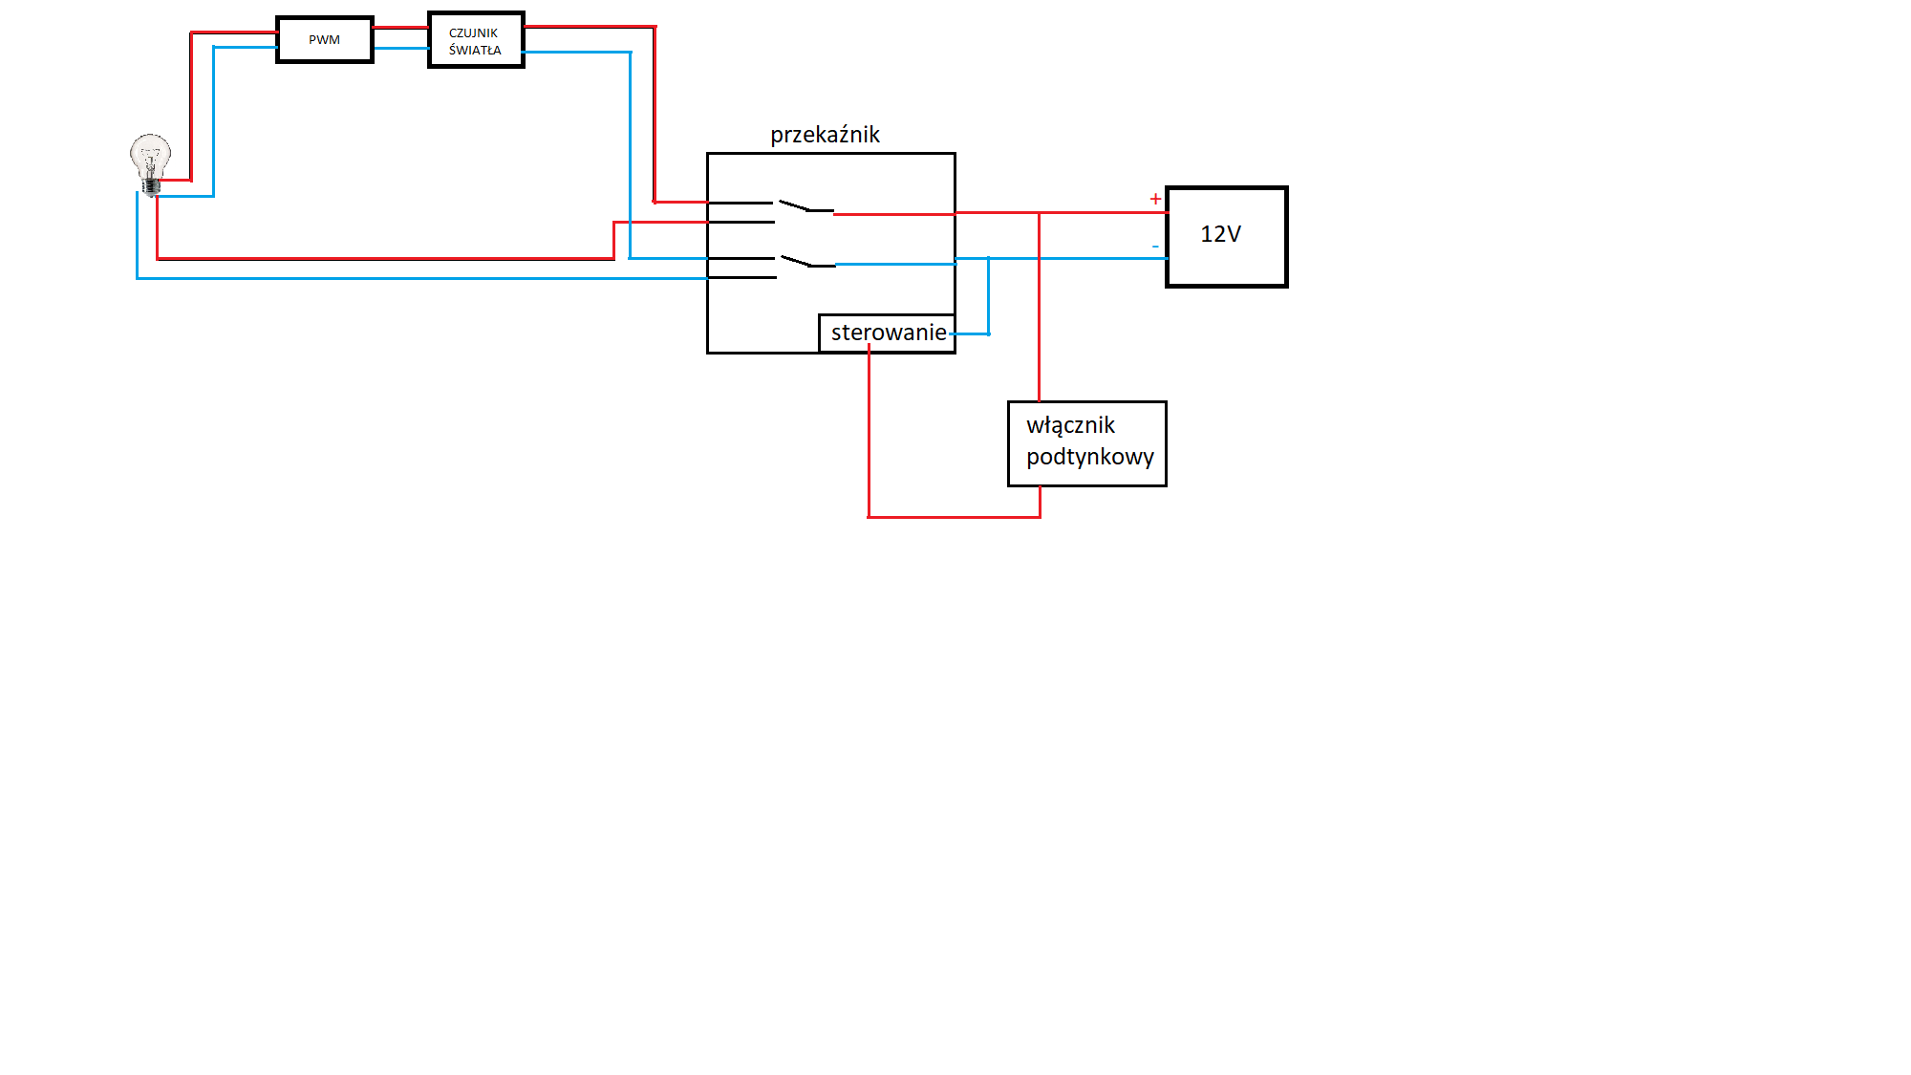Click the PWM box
tap(325, 40)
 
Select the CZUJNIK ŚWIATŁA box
tap(476, 40)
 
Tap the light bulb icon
tap(150, 164)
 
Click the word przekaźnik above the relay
tap(825, 135)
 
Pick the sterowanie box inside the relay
tap(887, 333)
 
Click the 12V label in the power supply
tap(1220, 234)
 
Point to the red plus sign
tap(1155, 199)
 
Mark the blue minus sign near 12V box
tap(1155, 247)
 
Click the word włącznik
tap(1070, 425)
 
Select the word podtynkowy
tap(1090, 457)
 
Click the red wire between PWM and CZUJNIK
tap(400, 28)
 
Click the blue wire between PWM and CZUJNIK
tap(400, 48)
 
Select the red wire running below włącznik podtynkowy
tap(954, 517)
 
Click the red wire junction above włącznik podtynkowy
tap(1039, 213)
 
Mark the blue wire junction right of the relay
tap(988, 258)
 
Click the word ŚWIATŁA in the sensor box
tap(475, 50)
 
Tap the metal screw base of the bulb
tap(151, 185)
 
